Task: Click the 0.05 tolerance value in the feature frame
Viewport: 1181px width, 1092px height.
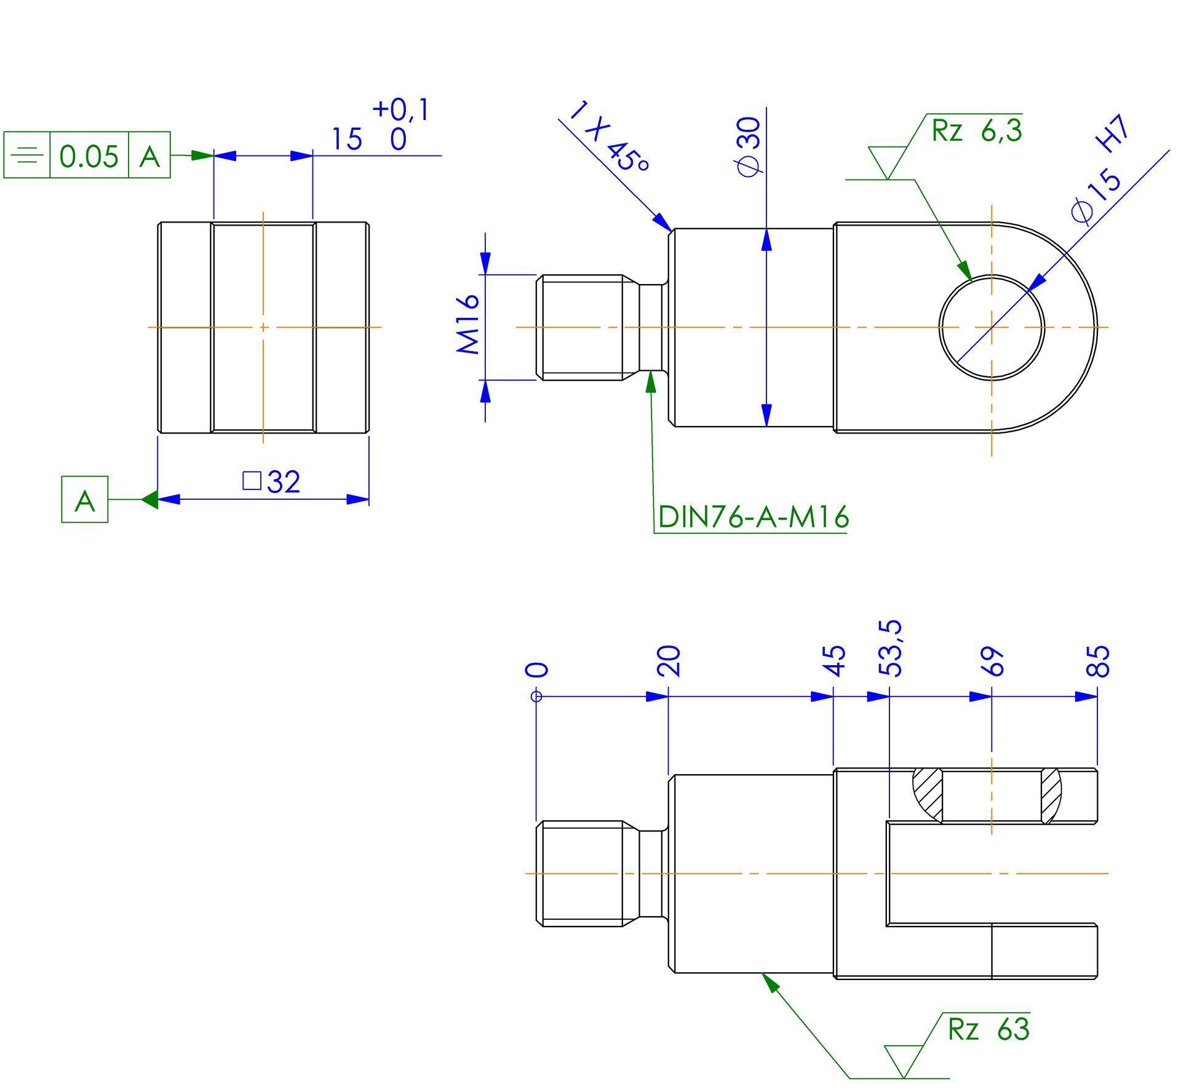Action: coord(89,156)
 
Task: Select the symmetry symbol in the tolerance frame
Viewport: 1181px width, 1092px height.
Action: coord(27,155)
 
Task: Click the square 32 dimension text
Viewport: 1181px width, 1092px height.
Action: coord(271,481)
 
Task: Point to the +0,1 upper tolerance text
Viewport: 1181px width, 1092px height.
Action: coord(402,109)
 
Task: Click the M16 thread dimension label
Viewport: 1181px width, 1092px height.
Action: coord(468,324)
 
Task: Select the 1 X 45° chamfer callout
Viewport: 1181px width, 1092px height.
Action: coord(609,136)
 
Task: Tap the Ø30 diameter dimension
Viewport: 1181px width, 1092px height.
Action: coord(750,148)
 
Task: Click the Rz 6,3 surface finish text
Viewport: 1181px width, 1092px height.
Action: coord(977,130)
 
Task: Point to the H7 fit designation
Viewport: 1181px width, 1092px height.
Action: coord(1114,135)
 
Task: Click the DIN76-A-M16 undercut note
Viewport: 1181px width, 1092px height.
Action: coord(754,516)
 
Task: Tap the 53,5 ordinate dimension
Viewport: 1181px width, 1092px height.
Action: coord(890,648)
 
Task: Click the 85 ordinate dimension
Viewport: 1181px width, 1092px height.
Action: coord(1098,661)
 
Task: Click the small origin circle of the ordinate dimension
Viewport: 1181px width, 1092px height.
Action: coord(536,697)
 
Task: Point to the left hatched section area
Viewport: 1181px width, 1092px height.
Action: coord(928,795)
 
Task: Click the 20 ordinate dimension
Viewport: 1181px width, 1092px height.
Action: coord(669,661)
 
